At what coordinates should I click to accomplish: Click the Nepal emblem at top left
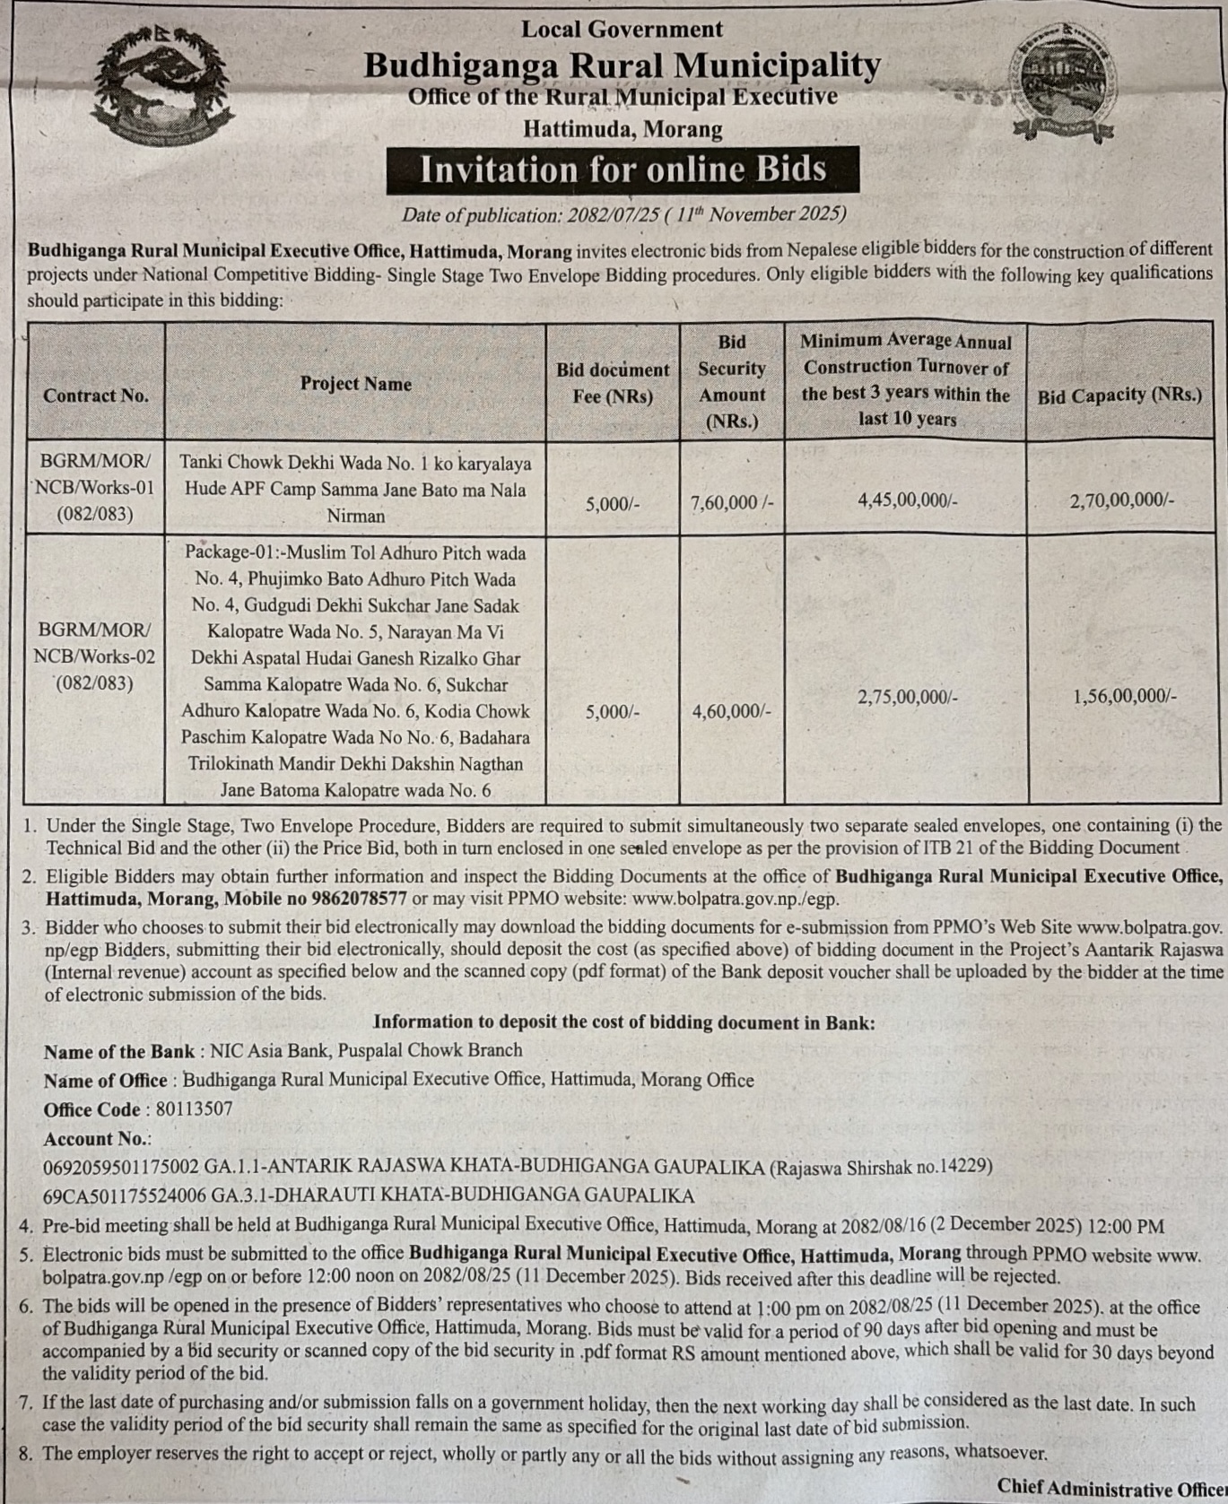click(161, 86)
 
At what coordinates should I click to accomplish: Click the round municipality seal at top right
click(1064, 83)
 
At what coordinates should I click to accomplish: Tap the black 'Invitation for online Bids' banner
click(623, 170)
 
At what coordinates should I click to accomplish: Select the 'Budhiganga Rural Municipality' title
click(622, 65)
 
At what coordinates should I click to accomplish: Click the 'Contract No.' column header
click(96, 396)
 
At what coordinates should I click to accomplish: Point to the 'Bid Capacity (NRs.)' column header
click(1119, 396)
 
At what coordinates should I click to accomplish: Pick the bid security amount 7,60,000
click(732, 502)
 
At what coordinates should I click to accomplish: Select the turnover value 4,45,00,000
click(908, 500)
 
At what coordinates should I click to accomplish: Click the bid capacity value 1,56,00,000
click(1125, 696)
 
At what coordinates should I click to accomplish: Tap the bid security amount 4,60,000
click(731, 712)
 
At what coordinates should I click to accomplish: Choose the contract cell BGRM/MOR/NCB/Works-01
click(95, 488)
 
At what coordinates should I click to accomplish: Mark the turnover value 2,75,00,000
click(908, 697)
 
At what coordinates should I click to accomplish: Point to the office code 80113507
click(194, 1109)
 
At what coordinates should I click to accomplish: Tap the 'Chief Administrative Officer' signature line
click(1110, 1487)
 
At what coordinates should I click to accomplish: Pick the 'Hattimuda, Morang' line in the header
click(623, 129)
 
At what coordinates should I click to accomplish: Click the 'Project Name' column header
click(355, 384)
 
